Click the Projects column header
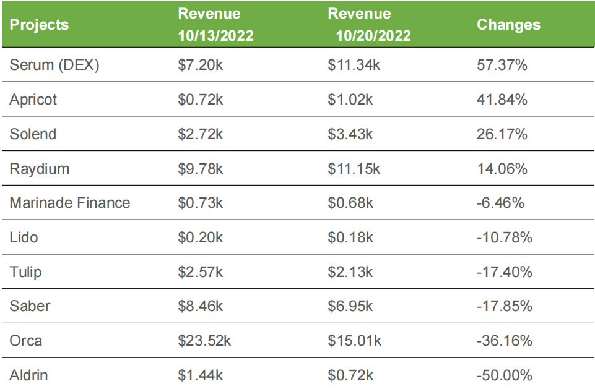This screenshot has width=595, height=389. pos(39,25)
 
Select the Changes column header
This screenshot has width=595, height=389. pos(508,25)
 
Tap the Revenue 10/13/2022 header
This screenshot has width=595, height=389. pos(215,25)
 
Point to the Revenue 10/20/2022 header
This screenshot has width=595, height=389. pos(369,25)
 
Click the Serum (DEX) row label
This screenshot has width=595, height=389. pos(54,65)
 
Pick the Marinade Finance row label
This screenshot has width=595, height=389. pos(70,203)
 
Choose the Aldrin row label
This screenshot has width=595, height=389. pos(28,375)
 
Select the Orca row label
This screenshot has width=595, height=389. pos(26,341)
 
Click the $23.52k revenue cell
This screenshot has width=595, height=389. pos(204,341)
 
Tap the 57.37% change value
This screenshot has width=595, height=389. pos(502,65)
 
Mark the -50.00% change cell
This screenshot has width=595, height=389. pos(505,375)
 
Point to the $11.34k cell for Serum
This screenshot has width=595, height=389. pos(355,65)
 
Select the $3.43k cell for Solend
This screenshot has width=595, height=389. pos(350,134)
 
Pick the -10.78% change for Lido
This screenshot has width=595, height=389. pos(505,237)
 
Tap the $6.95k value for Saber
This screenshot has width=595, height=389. pos(350,306)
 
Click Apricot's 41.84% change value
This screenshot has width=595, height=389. pos(502,100)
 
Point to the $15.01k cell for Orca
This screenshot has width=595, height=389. pos(355,341)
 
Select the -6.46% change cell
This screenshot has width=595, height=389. pos(501,203)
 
